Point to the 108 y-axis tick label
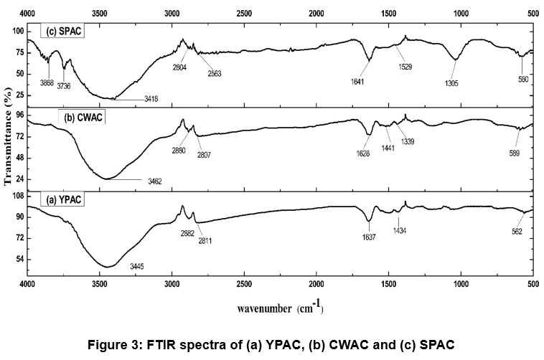pyautogui.click(x=15, y=196)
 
